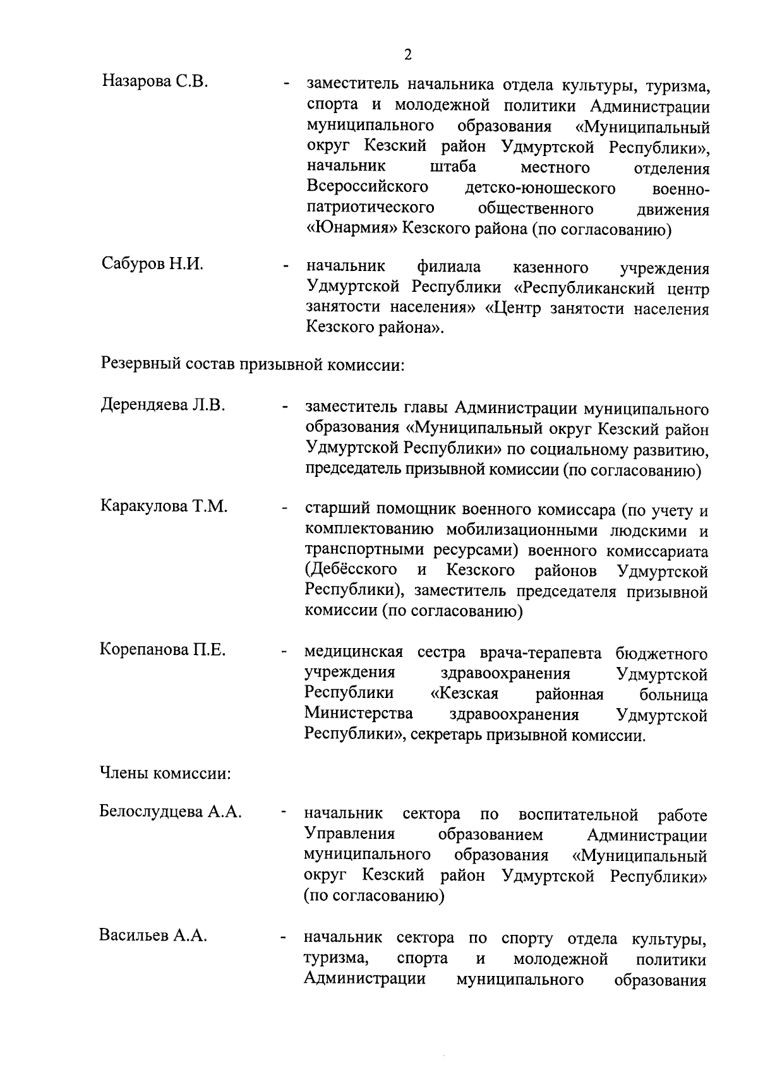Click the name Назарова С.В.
tap(155, 81)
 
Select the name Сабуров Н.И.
tap(152, 264)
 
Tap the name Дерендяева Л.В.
tap(163, 405)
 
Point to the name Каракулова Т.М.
tap(164, 506)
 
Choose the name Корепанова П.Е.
tap(163, 650)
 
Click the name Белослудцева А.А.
tap(171, 812)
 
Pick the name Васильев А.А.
tap(153, 936)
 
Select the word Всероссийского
tap(368, 188)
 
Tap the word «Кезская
tap(464, 694)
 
